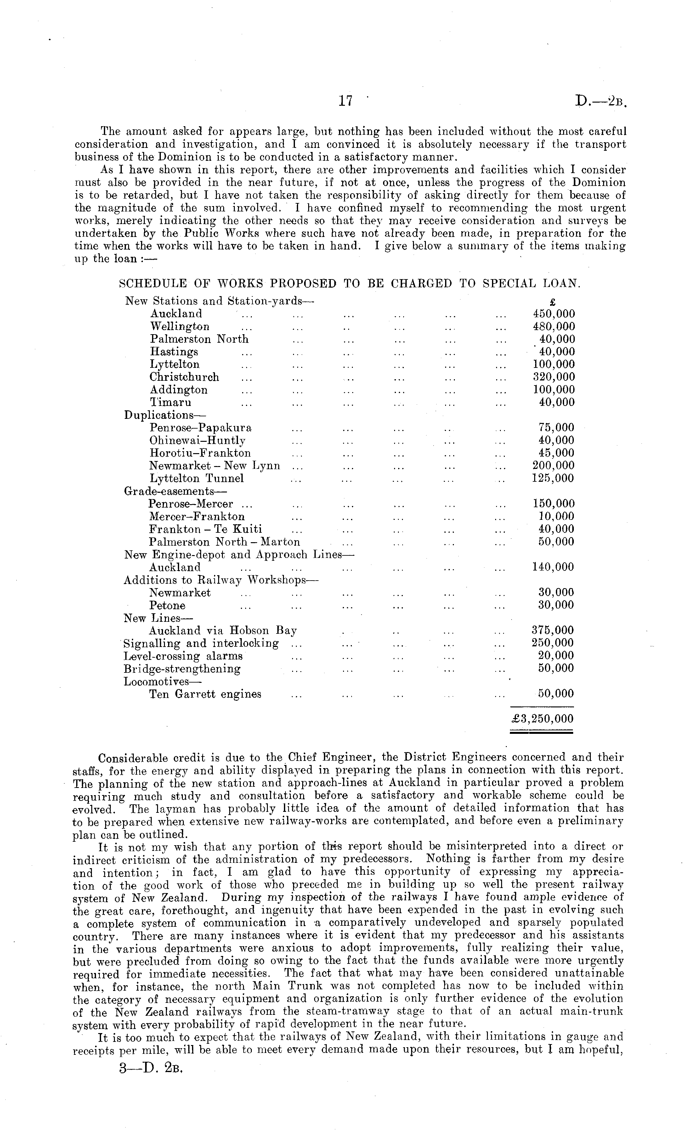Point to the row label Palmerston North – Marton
224,542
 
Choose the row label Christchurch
184,377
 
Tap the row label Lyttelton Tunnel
196,478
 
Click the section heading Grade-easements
169,491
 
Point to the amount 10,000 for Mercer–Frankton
556,516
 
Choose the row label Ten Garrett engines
205,694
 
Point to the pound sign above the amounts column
552,302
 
